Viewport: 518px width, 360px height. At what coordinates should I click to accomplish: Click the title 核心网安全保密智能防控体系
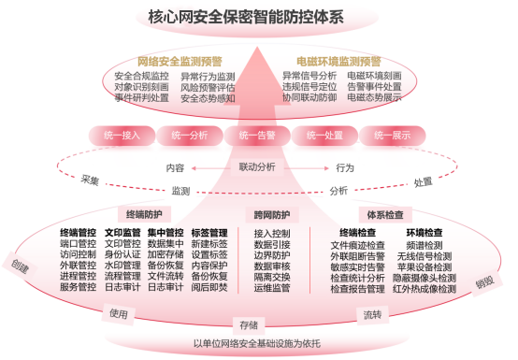tap(259, 17)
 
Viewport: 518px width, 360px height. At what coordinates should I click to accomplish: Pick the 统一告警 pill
tap(257, 136)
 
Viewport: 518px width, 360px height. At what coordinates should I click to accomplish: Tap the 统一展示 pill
tap(392, 136)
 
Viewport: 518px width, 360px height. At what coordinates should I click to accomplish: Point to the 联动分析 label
tap(257, 167)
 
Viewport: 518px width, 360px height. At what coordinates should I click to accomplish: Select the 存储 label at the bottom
tap(247, 324)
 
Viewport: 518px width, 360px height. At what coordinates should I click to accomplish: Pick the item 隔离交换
tap(271, 278)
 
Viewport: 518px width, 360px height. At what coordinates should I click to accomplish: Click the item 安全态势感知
tap(208, 97)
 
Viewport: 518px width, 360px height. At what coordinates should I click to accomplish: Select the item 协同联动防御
tap(309, 97)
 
